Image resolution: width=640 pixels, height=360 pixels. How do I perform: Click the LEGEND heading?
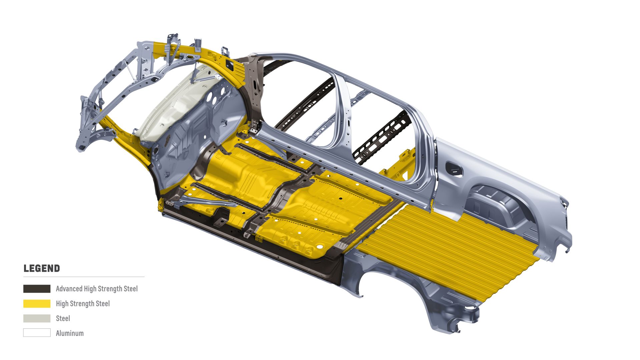[x=42, y=268]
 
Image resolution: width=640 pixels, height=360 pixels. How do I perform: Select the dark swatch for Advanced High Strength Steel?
[x=37, y=289]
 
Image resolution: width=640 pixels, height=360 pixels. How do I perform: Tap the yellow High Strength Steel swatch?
[x=37, y=304]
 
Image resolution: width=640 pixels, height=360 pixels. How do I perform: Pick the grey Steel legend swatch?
[x=37, y=318]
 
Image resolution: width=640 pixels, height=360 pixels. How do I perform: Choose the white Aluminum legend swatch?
[x=37, y=333]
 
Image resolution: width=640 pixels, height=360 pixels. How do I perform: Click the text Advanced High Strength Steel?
[x=97, y=289]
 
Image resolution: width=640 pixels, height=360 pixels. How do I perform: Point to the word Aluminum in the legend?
[x=70, y=333]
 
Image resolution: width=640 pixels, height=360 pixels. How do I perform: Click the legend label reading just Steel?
[x=63, y=318]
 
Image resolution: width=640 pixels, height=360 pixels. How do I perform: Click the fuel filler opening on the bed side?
[x=454, y=169]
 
